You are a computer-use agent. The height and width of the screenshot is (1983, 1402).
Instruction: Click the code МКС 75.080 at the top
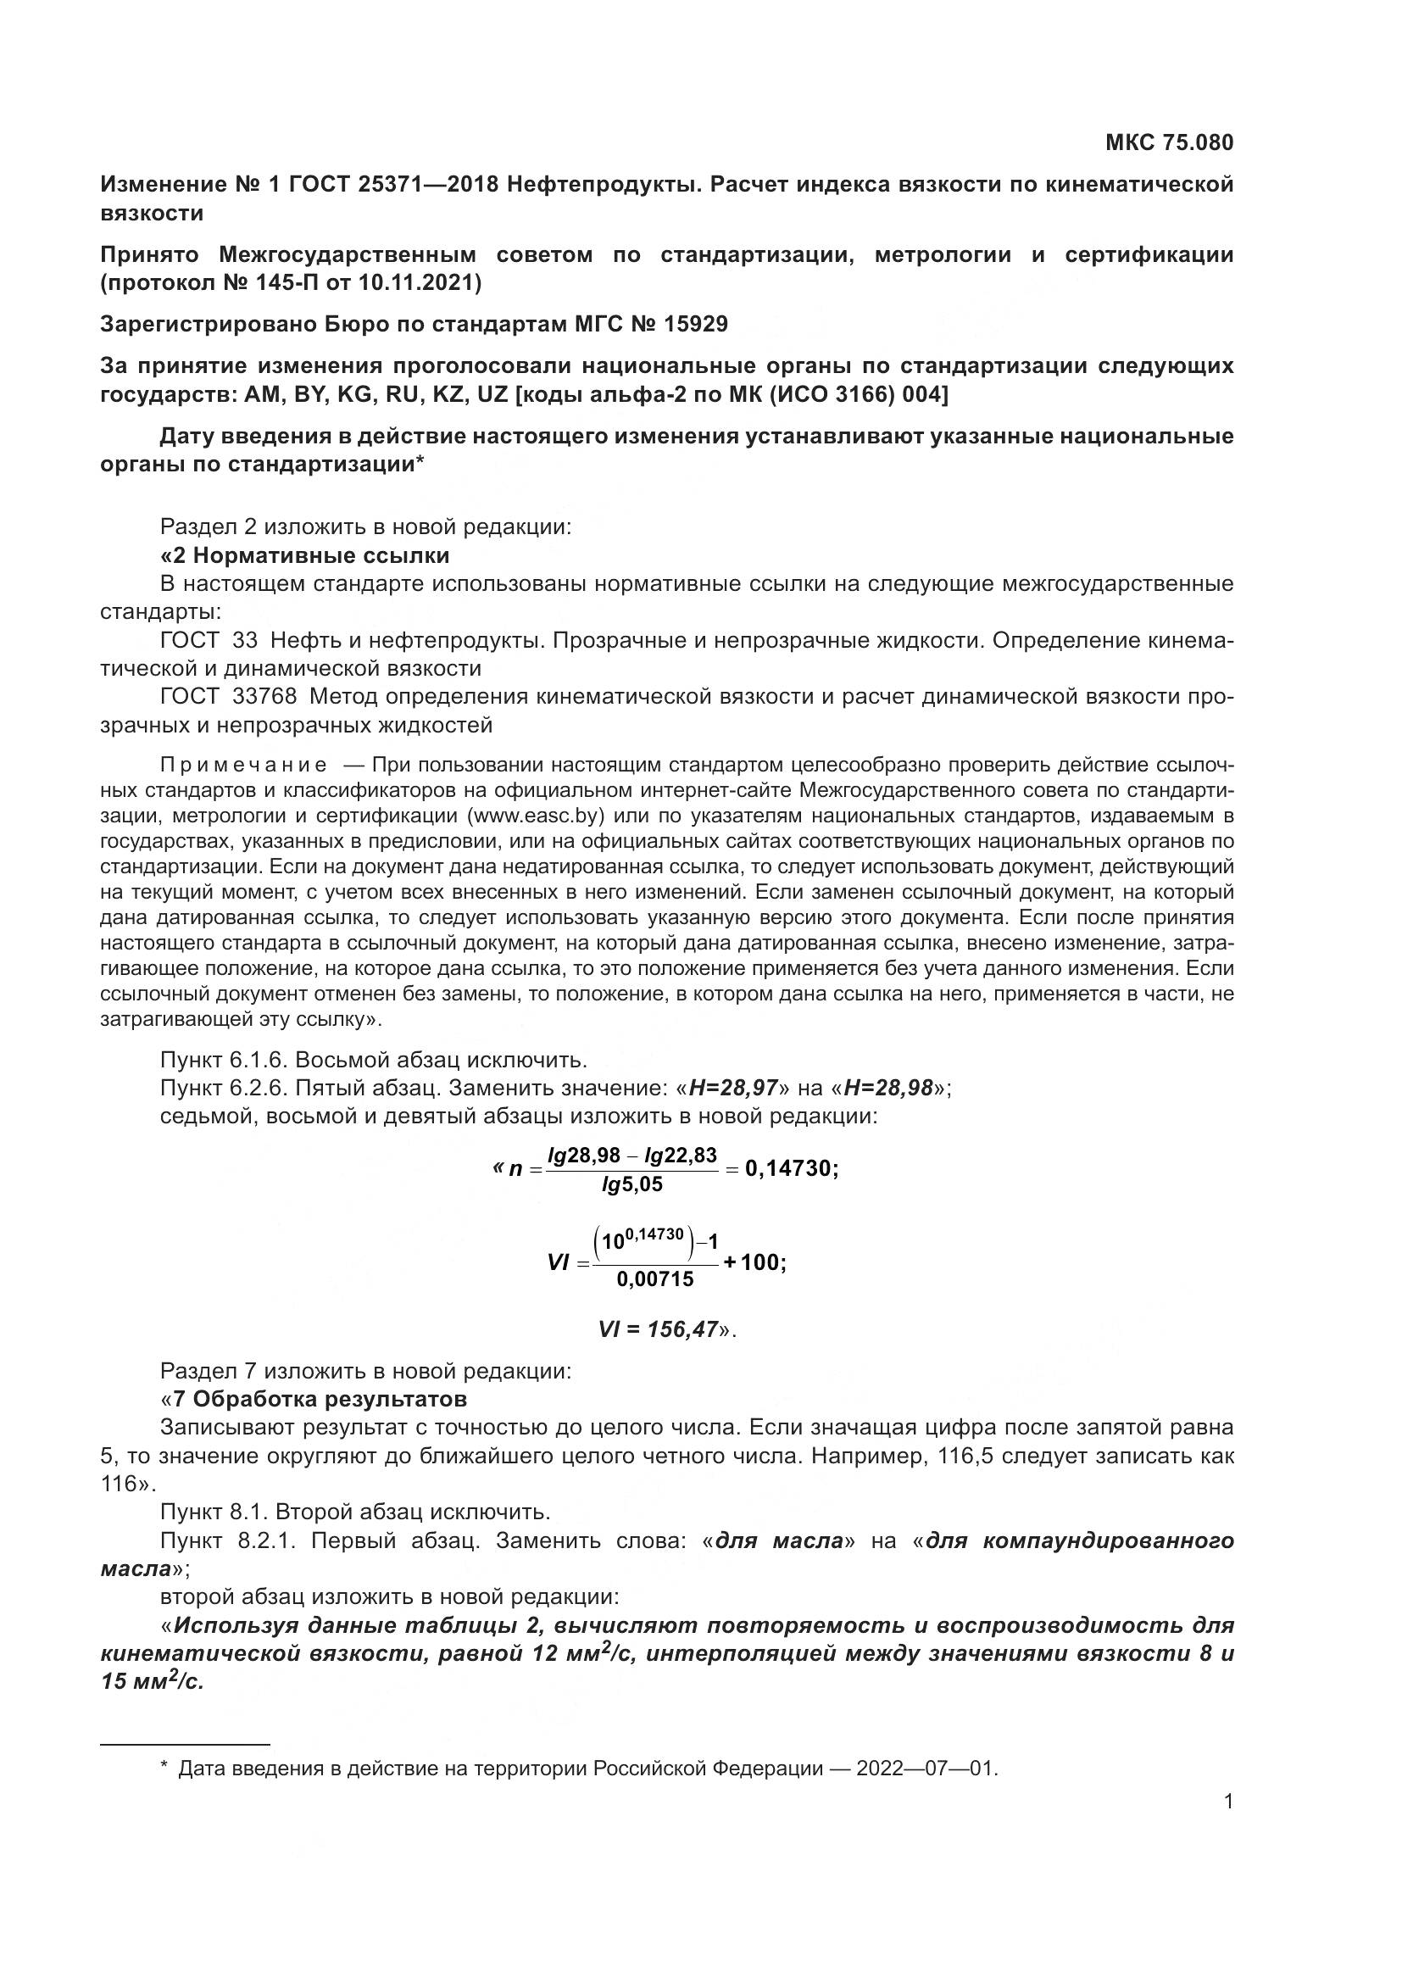pos(1169,142)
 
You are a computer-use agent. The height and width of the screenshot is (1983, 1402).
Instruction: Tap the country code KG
pos(352,395)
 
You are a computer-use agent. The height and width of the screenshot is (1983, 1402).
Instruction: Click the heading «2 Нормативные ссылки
pos(305,554)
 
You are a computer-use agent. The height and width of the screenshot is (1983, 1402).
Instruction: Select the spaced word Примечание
pos(243,766)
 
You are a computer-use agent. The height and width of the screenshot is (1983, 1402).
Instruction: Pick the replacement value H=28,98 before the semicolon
pos(888,1088)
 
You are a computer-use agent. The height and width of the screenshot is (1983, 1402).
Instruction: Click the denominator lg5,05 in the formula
pos(632,1184)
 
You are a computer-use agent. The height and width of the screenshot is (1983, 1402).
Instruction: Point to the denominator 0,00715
pos(655,1280)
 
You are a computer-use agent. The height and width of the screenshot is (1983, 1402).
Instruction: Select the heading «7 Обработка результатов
pos(314,1398)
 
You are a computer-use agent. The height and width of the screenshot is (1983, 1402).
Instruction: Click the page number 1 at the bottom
pos(1228,1802)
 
